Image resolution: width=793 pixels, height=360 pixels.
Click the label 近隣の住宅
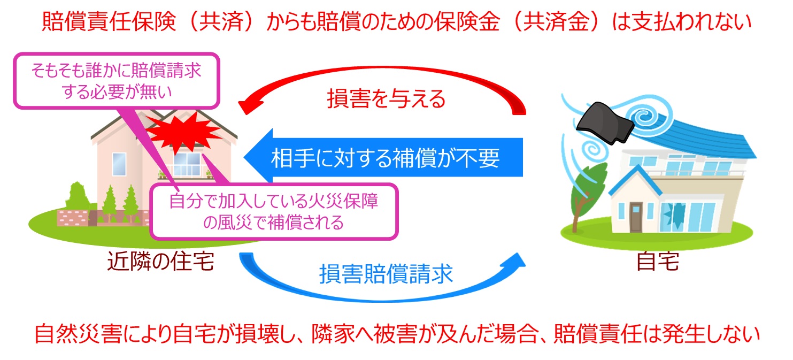pyautogui.click(x=160, y=262)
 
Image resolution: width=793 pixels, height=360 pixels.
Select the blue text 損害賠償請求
pyautogui.click(x=386, y=274)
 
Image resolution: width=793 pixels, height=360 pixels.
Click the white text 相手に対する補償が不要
pyautogui.click(x=385, y=159)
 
